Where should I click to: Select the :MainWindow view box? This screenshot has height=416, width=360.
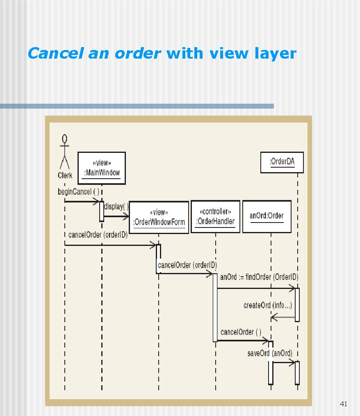[102, 168]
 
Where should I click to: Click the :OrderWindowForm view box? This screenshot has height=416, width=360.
[159, 217]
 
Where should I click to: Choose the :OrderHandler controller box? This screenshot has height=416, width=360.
[215, 217]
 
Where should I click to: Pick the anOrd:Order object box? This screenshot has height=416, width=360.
[267, 216]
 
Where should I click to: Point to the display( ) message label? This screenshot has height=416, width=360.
[116, 206]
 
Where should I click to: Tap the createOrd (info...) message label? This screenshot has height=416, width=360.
[268, 305]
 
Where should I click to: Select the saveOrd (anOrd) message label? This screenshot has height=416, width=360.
[270, 353]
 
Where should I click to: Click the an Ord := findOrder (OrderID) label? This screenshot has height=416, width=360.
[259, 277]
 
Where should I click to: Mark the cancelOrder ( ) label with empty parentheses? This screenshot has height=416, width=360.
[241, 332]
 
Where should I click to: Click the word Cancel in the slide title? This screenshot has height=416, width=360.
[55, 54]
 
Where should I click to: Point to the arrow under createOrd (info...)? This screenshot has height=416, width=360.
[283, 317]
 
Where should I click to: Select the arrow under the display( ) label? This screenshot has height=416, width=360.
[117, 216]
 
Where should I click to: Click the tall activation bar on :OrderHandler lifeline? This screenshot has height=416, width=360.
[215, 307]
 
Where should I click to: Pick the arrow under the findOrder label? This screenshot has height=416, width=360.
[256, 288]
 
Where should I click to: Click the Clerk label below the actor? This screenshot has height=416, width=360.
[65, 175]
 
